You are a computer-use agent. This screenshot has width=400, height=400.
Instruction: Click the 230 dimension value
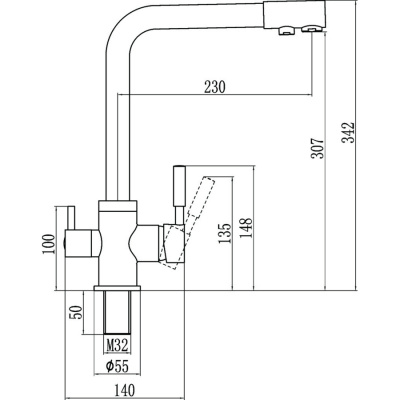coord(215,87)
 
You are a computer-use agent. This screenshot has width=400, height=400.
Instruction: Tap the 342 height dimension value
coord(348,133)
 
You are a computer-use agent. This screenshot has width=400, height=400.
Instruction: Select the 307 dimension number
coord(318,148)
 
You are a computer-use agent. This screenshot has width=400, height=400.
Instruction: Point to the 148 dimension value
coord(246,229)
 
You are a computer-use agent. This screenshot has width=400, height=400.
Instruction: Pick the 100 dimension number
coord(48,244)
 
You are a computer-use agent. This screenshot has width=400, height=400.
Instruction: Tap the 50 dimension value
coord(77,312)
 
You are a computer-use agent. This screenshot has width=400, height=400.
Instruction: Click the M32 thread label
coord(117,345)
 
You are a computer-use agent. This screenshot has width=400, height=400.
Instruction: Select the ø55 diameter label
coord(117,367)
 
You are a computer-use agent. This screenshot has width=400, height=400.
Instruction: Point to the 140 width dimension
coord(124,390)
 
